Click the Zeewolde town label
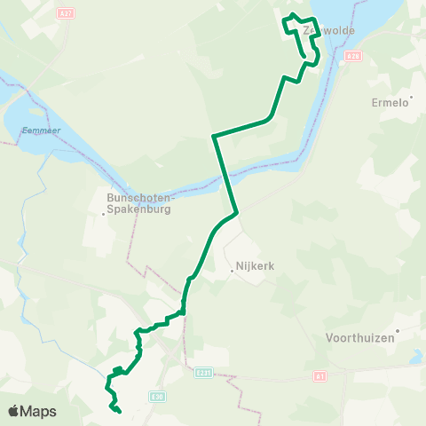[328, 30]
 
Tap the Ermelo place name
[390, 102]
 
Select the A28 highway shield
[354, 55]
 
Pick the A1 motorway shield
[320, 376]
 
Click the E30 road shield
[158, 396]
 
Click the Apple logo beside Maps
[14, 411]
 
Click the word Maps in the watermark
[39, 411]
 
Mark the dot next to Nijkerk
[231, 272]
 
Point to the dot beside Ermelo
[410, 103]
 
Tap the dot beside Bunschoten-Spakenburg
[104, 214]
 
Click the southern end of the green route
[119, 411]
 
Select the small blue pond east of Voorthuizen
[415, 358]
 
